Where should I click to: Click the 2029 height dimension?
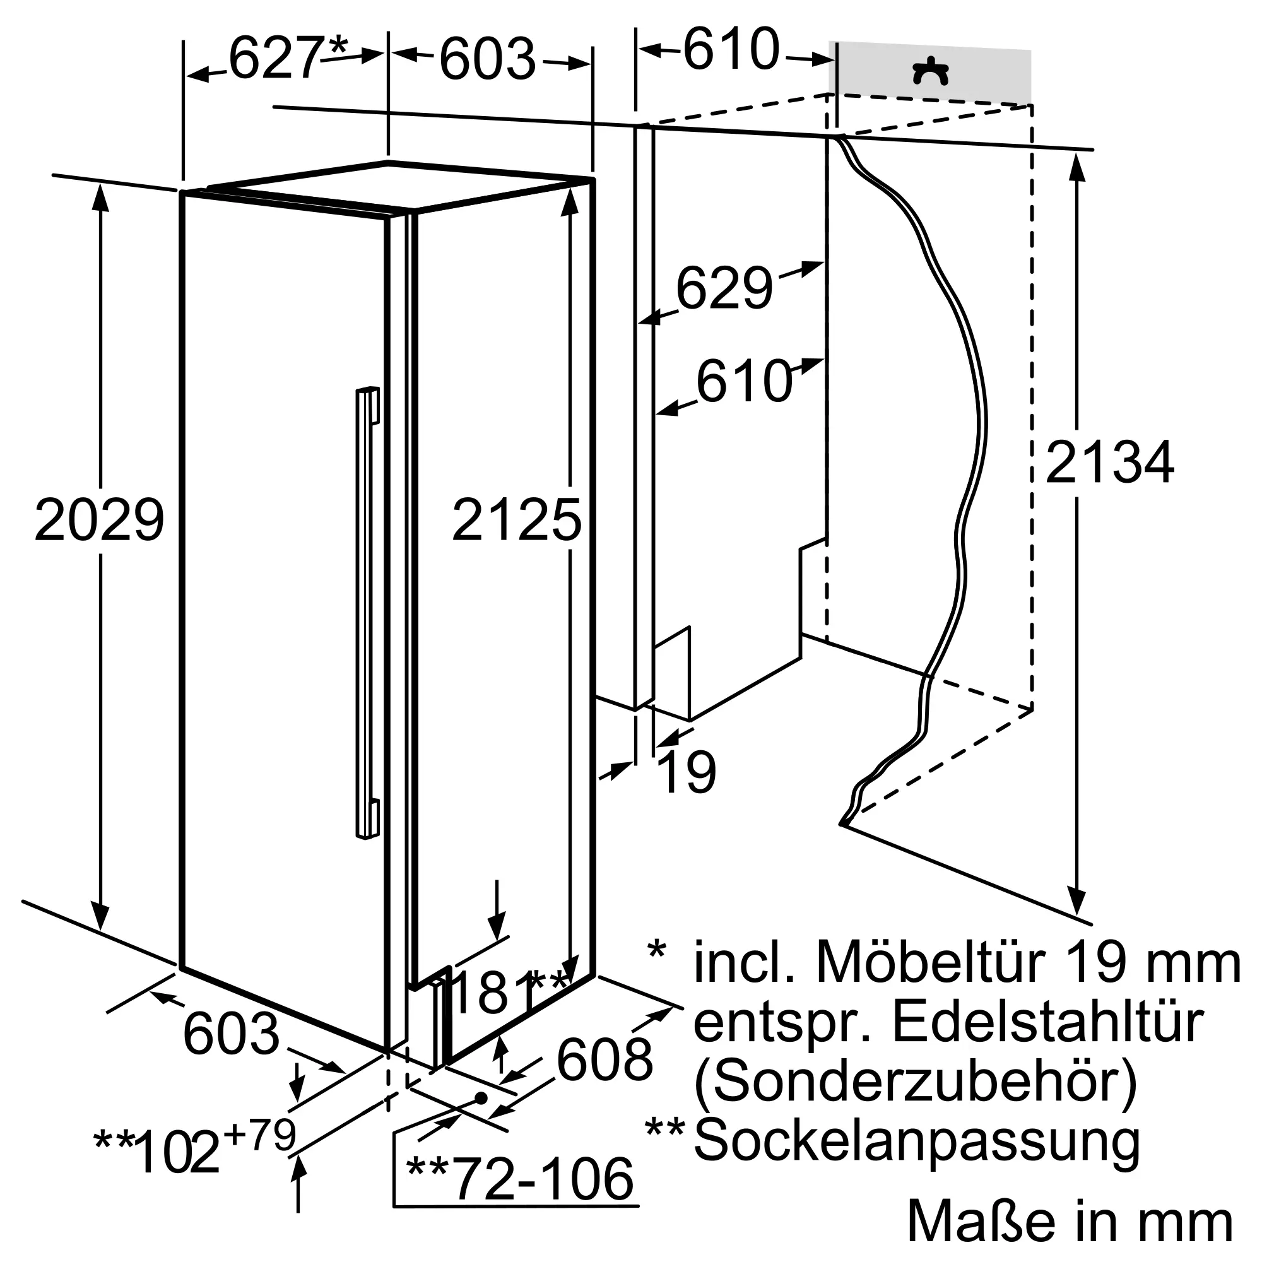coord(99,519)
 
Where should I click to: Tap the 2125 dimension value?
coord(516,520)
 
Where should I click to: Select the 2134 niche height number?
coord(1110,463)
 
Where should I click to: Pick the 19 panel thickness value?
coord(687,772)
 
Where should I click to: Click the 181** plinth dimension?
coord(509,992)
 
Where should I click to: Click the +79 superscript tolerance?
coord(260,1135)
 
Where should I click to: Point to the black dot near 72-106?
coord(481,1098)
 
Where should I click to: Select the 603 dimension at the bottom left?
coord(231,1034)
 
